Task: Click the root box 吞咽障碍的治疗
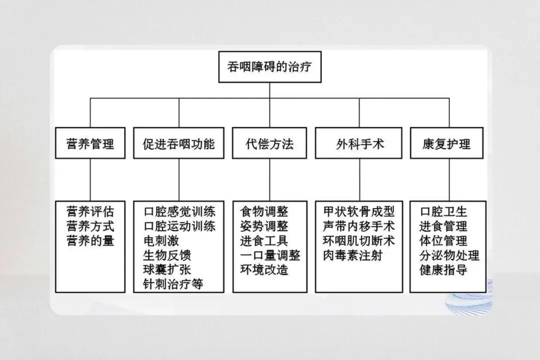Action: coord(269,67)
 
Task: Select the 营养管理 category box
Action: coord(90,144)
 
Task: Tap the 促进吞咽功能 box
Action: coord(178,144)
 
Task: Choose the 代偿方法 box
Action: coord(269,144)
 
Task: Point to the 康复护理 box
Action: coord(447,144)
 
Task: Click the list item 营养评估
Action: coord(90,210)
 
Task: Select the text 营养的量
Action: coord(90,240)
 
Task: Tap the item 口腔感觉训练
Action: coord(179,211)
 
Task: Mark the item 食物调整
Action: coord(264,211)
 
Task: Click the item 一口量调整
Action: coord(270,255)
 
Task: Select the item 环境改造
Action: coord(264,270)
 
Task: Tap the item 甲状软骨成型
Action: coord(359,211)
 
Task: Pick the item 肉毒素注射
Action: coord(353,255)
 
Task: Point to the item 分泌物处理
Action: coord(449,255)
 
